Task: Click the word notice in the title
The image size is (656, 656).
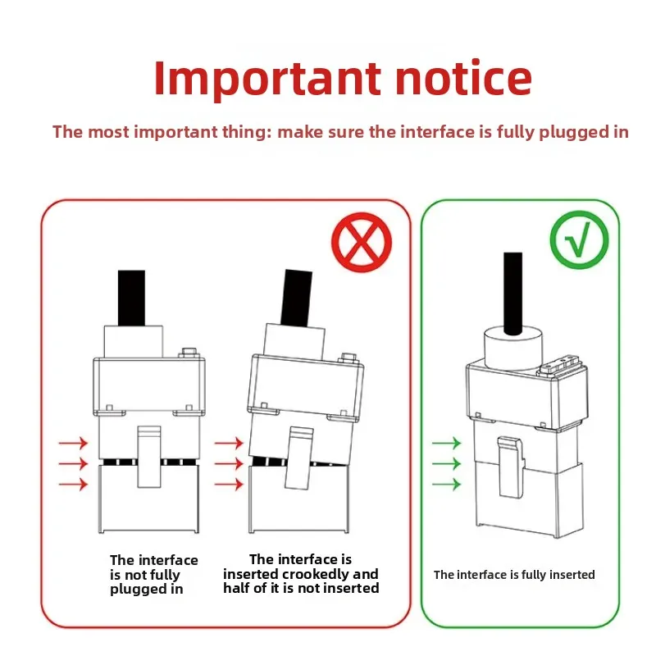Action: (463, 78)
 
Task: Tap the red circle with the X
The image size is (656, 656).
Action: (362, 242)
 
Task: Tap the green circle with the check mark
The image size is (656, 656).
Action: (580, 239)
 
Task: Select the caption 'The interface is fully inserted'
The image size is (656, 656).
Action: (514, 575)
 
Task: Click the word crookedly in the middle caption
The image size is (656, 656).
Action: (317, 574)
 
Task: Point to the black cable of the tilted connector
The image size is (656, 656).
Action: (296, 298)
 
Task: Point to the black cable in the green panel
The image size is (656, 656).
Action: (513, 294)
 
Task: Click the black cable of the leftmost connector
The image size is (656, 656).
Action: (131, 298)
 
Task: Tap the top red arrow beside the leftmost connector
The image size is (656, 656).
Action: (73, 443)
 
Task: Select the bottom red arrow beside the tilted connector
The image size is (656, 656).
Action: (229, 485)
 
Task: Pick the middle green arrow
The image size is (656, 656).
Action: (446, 463)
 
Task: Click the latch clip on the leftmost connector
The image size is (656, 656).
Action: (149, 457)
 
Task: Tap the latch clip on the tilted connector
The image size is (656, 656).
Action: (298, 458)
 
